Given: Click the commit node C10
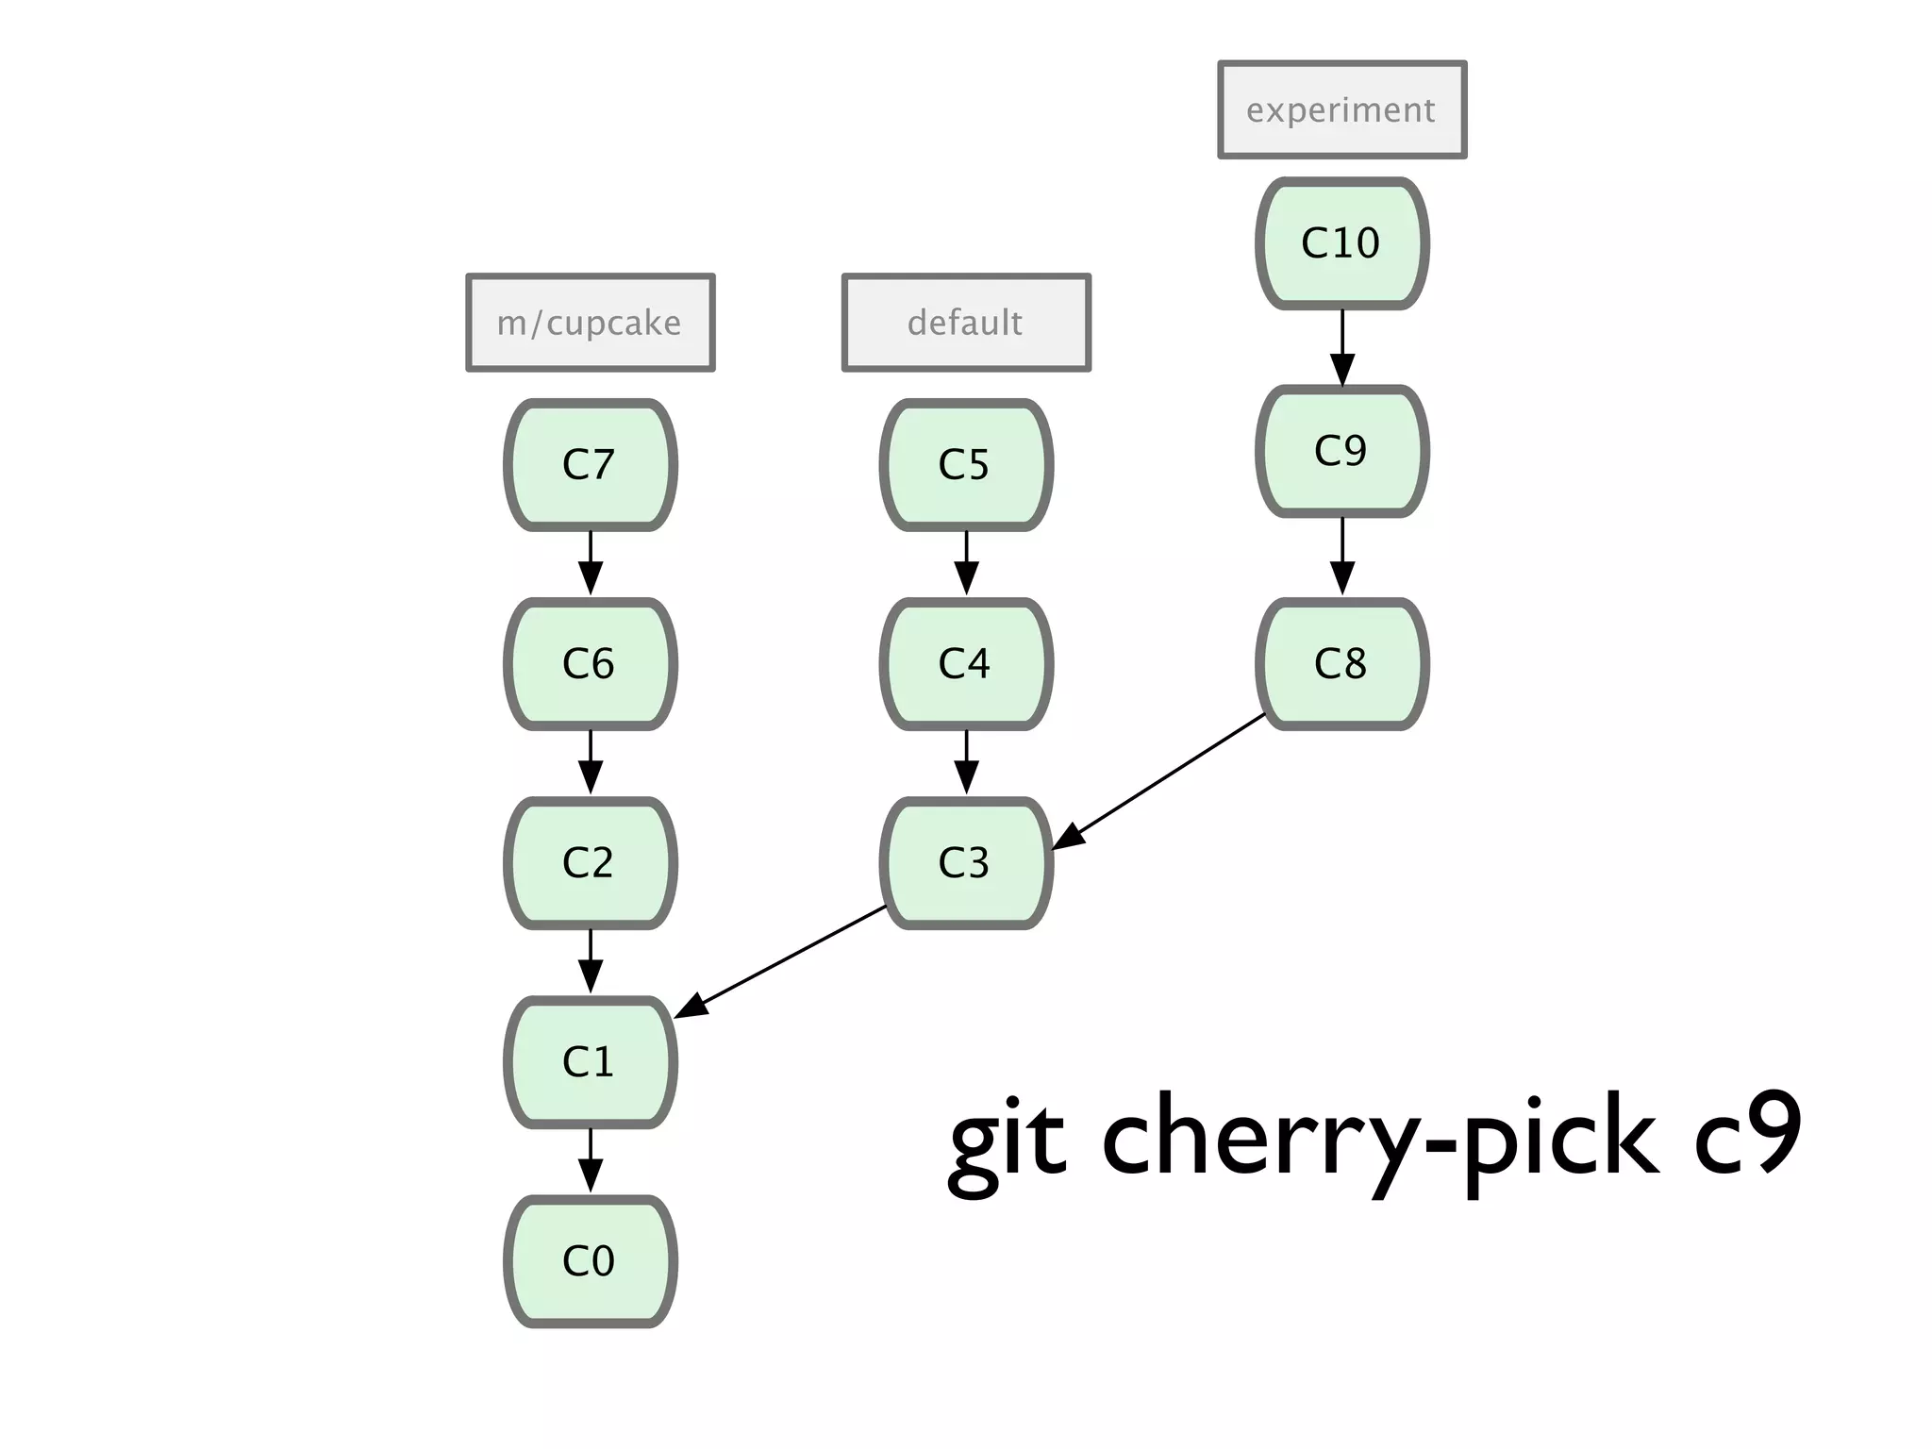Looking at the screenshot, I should [1341, 243].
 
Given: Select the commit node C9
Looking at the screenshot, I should [1341, 451].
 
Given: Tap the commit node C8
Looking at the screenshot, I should [1341, 664].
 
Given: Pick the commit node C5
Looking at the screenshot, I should [966, 465].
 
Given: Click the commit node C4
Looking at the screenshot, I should [966, 664].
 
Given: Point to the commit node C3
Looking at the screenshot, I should [966, 863].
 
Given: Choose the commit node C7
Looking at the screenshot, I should [591, 465].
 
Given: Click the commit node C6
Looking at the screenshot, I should [591, 664].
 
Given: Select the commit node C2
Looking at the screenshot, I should [591, 863].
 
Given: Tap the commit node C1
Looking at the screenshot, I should [591, 1062].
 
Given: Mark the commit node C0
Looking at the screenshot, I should [591, 1261].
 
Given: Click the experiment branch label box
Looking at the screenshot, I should [1341, 109].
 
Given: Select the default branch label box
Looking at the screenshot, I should [966, 323].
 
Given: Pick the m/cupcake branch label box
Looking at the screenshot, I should [591, 323].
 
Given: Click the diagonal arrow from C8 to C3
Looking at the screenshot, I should [1160, 780].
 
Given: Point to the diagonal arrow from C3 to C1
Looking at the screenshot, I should [783, 960].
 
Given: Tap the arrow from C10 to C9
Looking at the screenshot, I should [1341, 346].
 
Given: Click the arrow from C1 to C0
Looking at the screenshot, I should [591, 1160].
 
